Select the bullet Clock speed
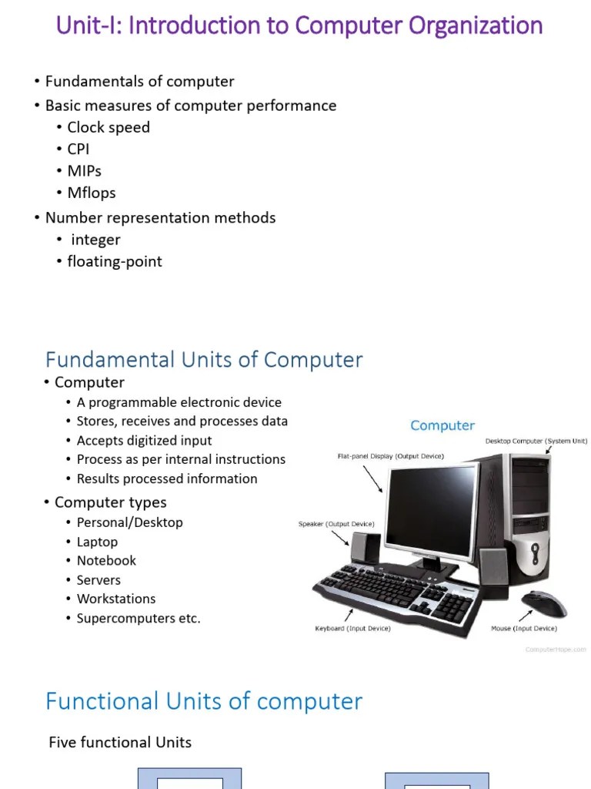[108, 127]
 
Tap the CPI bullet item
[78, 149]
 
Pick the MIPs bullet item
[84, 170]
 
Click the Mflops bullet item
[91, 193]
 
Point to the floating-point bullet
[115, 261]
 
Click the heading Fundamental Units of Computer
[204, 359]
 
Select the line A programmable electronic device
[179, 402]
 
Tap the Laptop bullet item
[97, 542]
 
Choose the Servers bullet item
[98, 580]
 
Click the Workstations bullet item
[115, 599]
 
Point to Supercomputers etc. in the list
[138, 618]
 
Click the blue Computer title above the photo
[442, 425]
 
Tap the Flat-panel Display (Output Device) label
[390, 456]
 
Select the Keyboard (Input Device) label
[352, 629]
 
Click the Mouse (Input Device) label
[524, 629]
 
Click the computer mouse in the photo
[543, 603]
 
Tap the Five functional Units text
[120, 743]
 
